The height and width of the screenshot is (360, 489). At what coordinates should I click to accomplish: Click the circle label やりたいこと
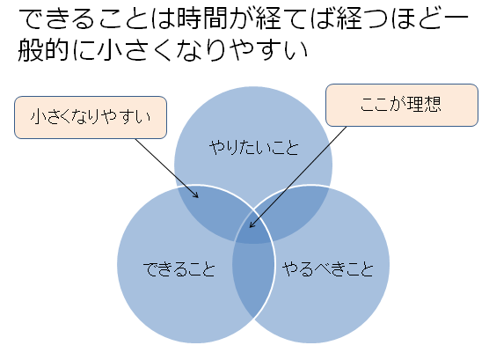coord(254,147)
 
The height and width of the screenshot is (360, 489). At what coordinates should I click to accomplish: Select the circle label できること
coord(179,268)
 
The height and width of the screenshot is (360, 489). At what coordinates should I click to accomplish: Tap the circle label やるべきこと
coord(327,268)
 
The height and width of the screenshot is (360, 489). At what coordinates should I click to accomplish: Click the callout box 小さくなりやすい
coord(91,117)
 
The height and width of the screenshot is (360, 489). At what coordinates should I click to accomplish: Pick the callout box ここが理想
coord(402,105)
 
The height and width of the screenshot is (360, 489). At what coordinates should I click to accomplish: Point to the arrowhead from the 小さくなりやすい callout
coord(196,195)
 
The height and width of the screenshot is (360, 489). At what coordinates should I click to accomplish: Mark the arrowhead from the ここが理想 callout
coord(252,224)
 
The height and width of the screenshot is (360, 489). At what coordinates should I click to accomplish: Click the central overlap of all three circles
coord(253,231)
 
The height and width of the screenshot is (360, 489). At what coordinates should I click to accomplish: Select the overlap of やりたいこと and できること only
coord(212,209)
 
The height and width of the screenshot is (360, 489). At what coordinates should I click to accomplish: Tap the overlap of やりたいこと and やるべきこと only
coord(295,209)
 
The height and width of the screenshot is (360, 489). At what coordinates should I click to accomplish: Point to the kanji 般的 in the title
coord(43,50)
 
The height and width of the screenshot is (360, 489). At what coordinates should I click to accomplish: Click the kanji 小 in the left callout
coord(39,117)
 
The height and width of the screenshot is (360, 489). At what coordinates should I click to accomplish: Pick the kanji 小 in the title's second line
coord(108,50)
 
